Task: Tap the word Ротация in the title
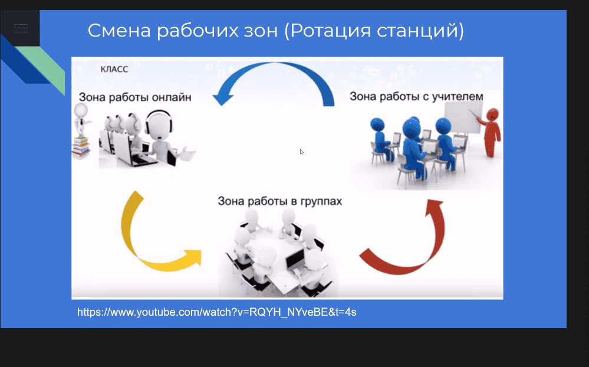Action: (x=330, y=31)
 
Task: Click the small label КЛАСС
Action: (x=114, y=69)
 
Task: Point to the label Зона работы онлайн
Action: (x=135, y=98)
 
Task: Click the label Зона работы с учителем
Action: (x=416, y=97)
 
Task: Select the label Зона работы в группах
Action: (x=280, y=201)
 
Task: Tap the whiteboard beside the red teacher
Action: (x=462, y=117)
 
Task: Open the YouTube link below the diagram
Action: (x=217, y=312)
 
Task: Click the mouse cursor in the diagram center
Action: (x=302, y=151)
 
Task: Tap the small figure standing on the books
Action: (x=81, y=120)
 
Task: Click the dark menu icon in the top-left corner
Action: (x=20, y=28)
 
